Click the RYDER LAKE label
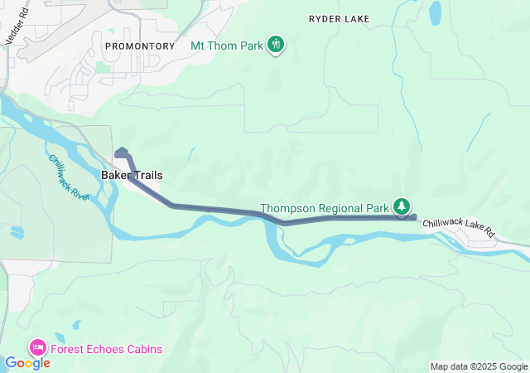click(339, 17)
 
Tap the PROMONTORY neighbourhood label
click(141, 46)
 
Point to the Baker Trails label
click(132, 176)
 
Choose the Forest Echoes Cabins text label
click(107, 348)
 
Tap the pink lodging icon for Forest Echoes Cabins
click(38, 347)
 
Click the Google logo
click(27, 363)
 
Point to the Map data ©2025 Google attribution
click(478, 366)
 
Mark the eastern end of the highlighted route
click(413, 217)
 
